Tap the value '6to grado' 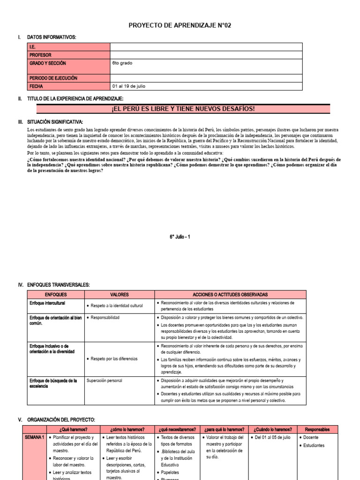[123, 63]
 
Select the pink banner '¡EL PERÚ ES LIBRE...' [183, 109]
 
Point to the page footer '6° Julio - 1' [180, 237]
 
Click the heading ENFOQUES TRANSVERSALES [58, 285]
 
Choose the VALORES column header [119, 294]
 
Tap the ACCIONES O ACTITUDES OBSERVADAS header [230, 294]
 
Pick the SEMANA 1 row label [34, 437]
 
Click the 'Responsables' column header [317, 429]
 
